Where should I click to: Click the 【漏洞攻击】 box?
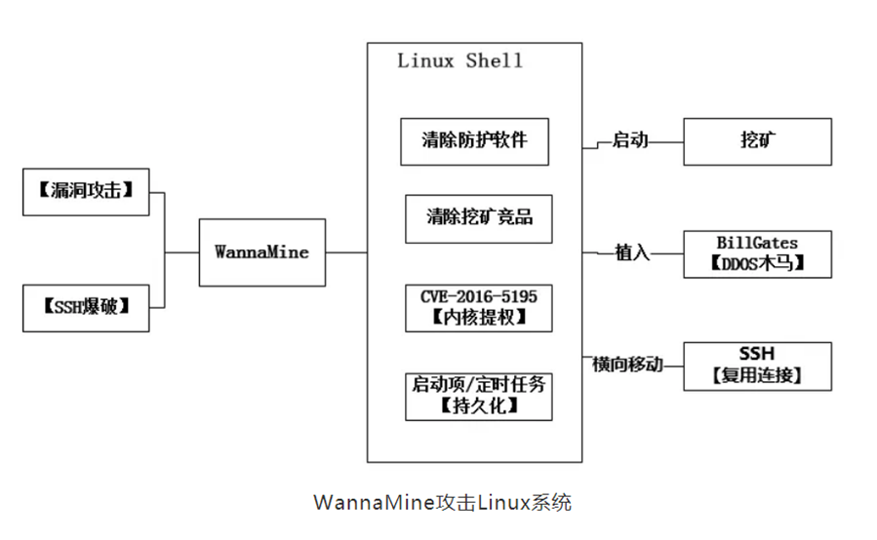click(x=86, y=191)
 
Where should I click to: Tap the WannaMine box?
click(x=261, y=252)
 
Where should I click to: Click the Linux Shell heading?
click(x=459, y=60)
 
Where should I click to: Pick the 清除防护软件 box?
click(x=475, y=140)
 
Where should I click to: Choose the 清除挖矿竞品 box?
click(x=479, y=217)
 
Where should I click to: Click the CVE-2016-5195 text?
click(x=479, y=295)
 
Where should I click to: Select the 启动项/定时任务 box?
click(x=479, y=384)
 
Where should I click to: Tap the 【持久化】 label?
click(x=479, y=405)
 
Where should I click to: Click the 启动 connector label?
click(x=629, y=140)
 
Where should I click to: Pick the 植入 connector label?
click(x=631, y=252)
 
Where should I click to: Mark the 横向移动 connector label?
click(x=627, y=364)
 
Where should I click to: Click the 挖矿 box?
click(x=757, y=141)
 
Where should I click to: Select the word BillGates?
click(x=757, y=243)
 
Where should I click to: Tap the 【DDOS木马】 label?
click(x=757, y=263)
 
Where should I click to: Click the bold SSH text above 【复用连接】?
click(x=757, y=354)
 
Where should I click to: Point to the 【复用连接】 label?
click(x=757, y=375)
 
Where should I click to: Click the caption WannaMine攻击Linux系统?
click(x=442, y=503)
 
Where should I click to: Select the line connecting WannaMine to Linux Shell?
click(x=346, y=252)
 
